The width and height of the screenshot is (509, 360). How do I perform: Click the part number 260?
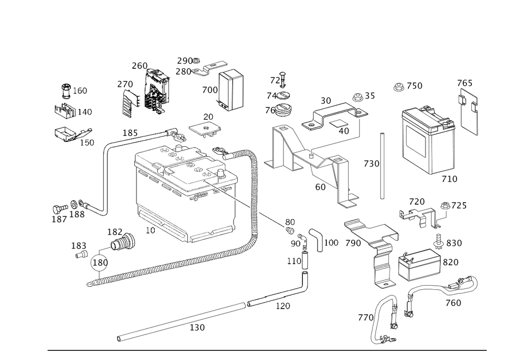pos(139,65)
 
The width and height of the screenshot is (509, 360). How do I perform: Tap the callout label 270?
pos(125,85)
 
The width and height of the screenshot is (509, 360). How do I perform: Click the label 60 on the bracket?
pos(320,187)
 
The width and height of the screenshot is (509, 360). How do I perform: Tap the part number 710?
pos(449,179)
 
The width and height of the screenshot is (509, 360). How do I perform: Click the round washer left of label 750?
pos(399,87)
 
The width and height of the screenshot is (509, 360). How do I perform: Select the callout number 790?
pos(352,243)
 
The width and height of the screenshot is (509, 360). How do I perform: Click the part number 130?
pos(197,328)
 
